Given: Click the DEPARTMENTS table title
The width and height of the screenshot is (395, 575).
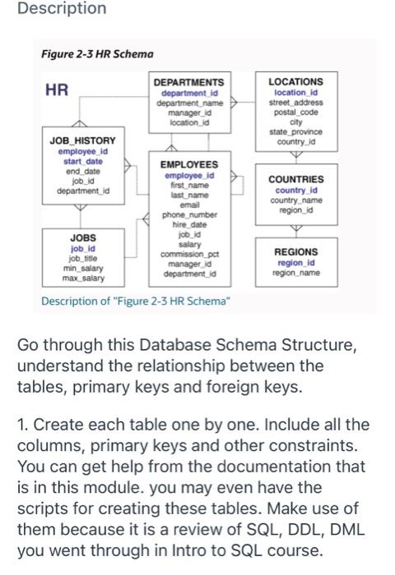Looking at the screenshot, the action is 188,83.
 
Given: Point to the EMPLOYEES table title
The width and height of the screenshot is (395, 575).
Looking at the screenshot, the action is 190,165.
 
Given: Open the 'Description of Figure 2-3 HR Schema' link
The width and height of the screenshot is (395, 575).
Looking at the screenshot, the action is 136,300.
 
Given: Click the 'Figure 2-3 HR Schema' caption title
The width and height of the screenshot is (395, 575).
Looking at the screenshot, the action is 97,53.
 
